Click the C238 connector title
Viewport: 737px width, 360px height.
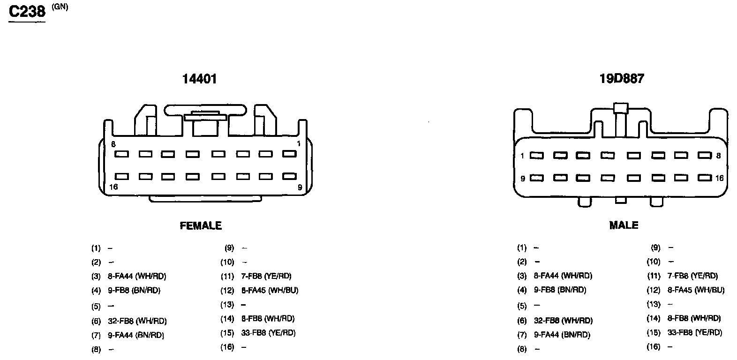click(27, 11)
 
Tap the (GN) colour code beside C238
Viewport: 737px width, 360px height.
click(60, 7)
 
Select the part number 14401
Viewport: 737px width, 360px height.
click(200, 79)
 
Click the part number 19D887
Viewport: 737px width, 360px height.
click(622, 79)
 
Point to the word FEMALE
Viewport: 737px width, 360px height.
click(201, 225)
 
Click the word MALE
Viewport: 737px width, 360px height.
click(624, 225)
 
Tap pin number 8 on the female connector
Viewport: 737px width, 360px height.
click(113, 144)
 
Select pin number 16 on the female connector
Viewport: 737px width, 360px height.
click(113, 187)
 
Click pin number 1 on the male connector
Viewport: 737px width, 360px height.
click(522, 156)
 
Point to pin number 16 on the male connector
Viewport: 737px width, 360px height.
click(720, 178)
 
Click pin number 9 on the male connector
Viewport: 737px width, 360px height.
click(522, 178)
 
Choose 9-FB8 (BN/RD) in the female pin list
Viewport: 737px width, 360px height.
click(134, 290)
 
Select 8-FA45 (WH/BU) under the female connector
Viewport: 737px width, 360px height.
click(270, 290)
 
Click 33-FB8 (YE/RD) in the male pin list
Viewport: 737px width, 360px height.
click(695, 332)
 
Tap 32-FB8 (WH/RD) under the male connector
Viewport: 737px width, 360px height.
click(563, 321)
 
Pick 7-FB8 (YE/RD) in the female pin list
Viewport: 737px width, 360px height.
click(266, 276)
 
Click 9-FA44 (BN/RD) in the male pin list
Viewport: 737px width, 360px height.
click(562, 335)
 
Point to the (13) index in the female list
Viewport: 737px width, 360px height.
click(227, 305)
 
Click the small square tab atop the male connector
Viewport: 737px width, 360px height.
click(620, 107)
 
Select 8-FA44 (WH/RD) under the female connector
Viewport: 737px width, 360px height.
click(137, 276)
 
